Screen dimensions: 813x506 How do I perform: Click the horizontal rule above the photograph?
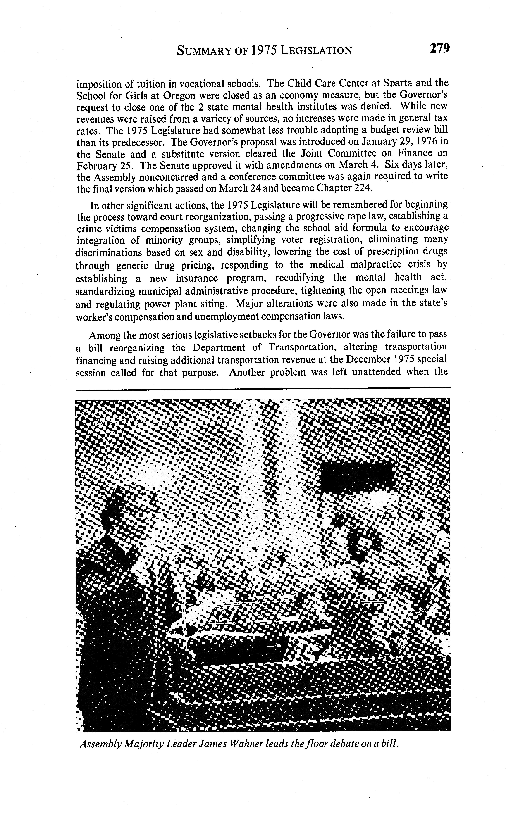point(263,388)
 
